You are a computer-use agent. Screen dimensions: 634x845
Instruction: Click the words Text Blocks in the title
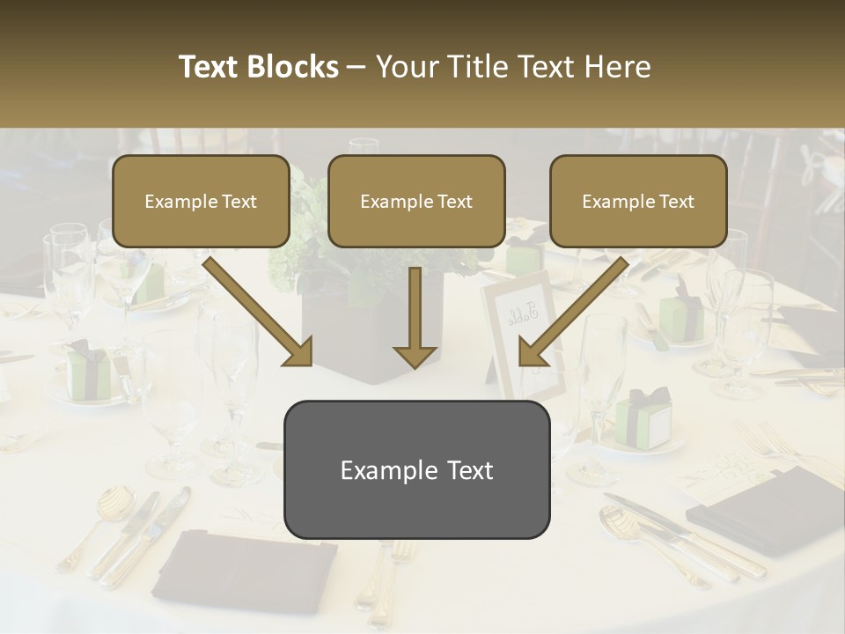258,67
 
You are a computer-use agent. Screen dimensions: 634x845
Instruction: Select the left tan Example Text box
201,201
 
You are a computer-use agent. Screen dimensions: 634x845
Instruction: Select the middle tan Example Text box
416,201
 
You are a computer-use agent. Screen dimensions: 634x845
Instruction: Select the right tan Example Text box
638,201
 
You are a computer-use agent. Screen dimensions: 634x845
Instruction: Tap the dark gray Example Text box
416,469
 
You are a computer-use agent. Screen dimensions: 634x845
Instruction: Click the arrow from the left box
257,311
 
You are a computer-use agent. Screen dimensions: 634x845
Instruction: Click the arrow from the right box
574,311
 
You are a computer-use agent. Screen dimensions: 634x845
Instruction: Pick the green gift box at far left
92,369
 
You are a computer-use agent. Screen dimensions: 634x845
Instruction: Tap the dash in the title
356,67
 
